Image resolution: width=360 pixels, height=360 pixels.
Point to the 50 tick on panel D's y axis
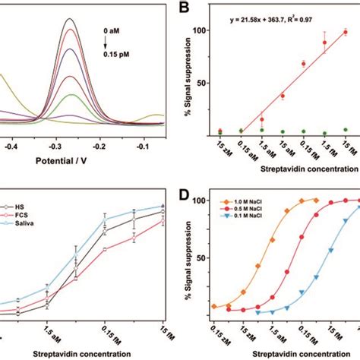click(201, 259)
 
